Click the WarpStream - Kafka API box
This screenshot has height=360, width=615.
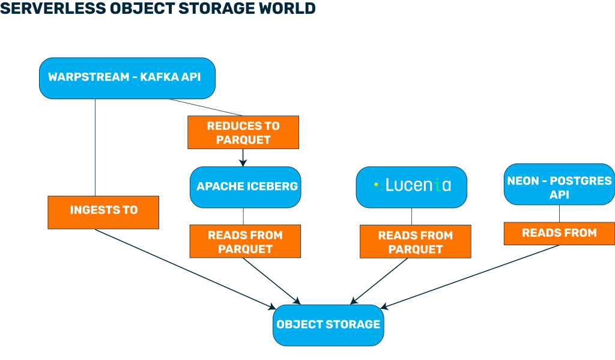click(x=127, y=78)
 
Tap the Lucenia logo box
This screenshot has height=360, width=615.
click(x=411, y=186)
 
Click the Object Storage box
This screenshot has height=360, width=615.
click(x=328, y=325)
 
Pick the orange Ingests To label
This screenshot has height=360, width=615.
click(x=103, y=210)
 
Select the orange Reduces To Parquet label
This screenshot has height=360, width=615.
click(x=243, y=133)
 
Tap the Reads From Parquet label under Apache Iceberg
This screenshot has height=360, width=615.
click(x=245, y=242)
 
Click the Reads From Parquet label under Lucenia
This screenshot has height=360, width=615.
click(x=415, y=242)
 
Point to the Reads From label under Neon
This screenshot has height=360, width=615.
click(x=559, y=233)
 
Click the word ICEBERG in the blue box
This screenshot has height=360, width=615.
click(x=273, y=186)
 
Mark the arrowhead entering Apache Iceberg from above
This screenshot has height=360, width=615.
click(x=243, y=161)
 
